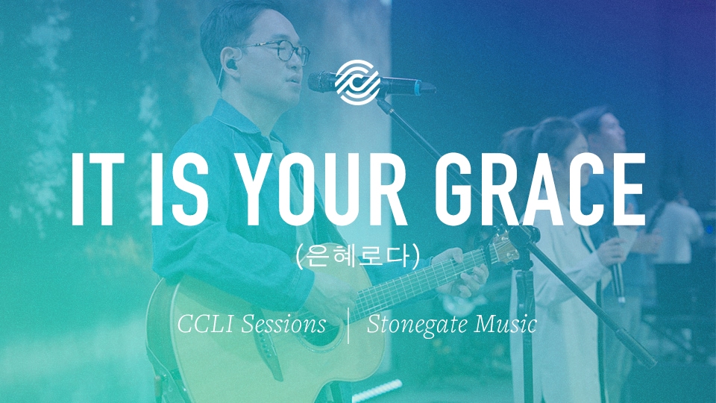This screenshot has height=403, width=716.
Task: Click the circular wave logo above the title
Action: coord(357,82)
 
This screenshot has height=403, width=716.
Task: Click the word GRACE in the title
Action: coord(540,189)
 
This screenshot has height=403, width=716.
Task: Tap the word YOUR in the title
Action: coord(323,189)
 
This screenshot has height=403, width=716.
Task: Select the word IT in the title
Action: coord(98,189)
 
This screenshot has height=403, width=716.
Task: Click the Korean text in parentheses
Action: coord(357,255)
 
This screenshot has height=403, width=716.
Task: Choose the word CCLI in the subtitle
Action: coord(205,324)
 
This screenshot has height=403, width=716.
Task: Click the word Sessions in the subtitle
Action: coord(283,324)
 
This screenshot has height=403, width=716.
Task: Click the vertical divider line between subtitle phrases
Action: coord(348,325)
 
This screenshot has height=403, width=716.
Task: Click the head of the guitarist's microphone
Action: coord(325,82)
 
